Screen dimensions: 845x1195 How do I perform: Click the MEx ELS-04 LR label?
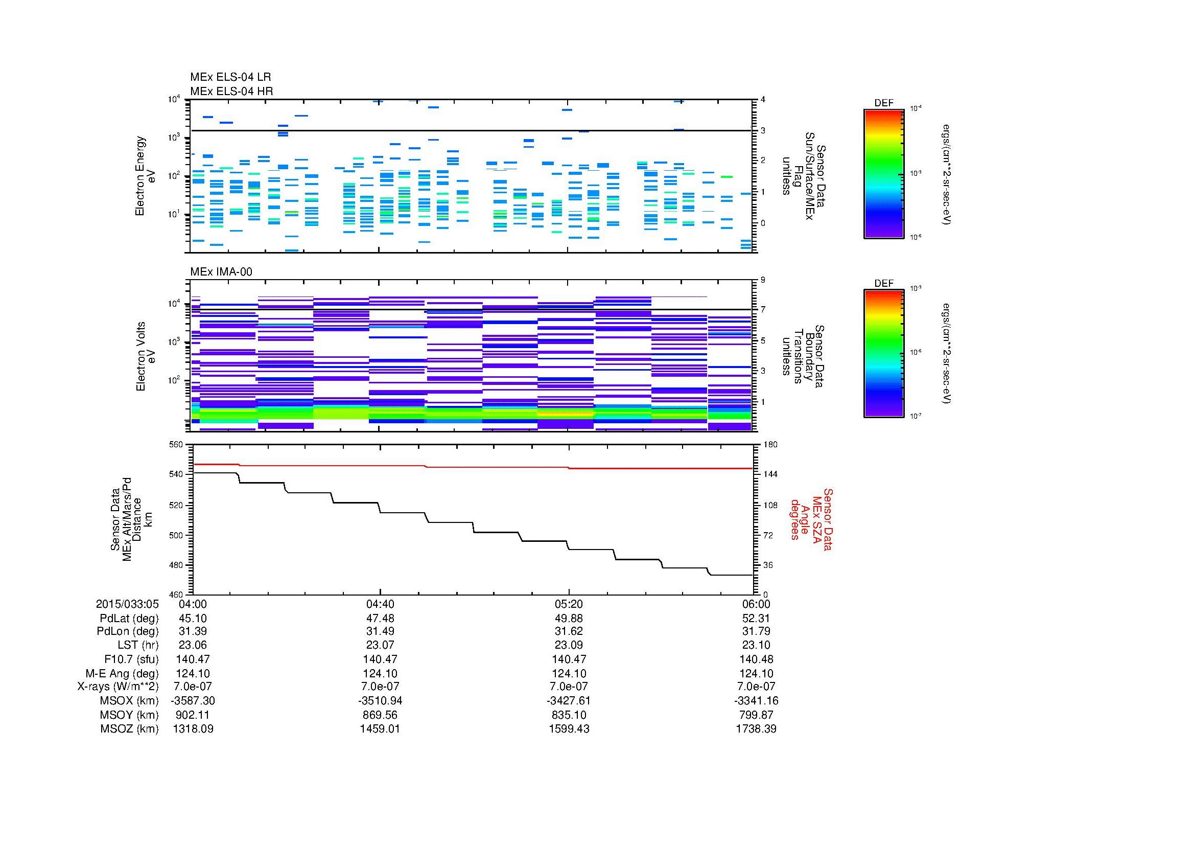(x=230, y=77)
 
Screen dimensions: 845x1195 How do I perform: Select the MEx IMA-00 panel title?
(x=221, y=272)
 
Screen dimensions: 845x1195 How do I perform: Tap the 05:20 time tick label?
(x=568, y=604)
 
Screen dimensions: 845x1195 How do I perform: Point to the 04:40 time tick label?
(x=380, y=604)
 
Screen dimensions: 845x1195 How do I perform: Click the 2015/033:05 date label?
(x=127, y=604)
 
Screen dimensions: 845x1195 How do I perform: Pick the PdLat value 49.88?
(x=568, y=618)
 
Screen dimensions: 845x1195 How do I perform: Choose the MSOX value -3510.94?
(x=380, y=701)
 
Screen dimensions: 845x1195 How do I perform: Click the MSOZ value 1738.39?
(x=756, y=729)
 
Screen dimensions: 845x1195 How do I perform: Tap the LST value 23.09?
(x=568, y=645)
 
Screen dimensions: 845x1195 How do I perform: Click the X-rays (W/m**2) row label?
(x=118, y=687)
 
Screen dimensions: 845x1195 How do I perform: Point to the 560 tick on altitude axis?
(x=176, y=445)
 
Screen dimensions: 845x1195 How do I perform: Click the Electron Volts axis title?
(x=140, y=356)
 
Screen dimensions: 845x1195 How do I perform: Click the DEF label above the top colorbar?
(x=883, y=103)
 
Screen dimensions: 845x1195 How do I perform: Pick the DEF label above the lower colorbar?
(x=883, y=283)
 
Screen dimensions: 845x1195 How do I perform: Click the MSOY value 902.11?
(x=193, y=715)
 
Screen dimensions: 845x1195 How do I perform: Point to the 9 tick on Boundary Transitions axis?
(x=763, y=280)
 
